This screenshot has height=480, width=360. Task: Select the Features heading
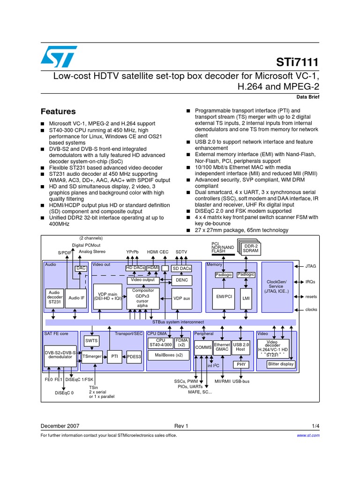coord(58,112)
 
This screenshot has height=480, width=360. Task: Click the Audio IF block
coord(76,298)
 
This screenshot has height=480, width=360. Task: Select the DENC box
coord(181,280)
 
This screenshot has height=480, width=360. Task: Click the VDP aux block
coord(181,298)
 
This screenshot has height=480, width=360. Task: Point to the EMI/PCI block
coord(225,297)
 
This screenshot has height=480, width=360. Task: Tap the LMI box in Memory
coord(246,298)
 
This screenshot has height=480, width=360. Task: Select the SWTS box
coord(91,341)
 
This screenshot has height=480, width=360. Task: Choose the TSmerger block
coord(92,357)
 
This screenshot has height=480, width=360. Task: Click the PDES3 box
coord(134,357)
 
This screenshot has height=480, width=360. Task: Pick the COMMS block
coord(203,347)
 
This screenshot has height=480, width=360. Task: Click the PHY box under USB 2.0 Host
coord(241,364)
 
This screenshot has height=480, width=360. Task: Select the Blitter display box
coord(281,364)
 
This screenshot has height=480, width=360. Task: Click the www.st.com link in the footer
coord(308,435)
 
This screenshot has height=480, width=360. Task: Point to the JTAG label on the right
coord(311,266)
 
